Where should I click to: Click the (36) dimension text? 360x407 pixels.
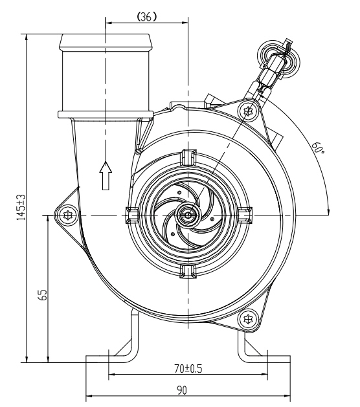[x=146, y=18]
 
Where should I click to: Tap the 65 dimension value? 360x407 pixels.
[x=42, y=295]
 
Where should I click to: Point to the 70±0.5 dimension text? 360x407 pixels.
[x=188, y=369]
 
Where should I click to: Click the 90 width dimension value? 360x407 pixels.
[x=188, y=391]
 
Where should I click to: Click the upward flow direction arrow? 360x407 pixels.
[x=106, y=175]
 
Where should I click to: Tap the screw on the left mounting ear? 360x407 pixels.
[x=67, y=214]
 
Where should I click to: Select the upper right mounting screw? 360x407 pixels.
[x=247, y=111]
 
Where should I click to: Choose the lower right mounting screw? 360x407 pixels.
[x=247, y=318]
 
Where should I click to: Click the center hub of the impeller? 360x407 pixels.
[x=186, y=214]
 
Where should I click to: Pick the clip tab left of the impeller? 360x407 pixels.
[x=130, y=214]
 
